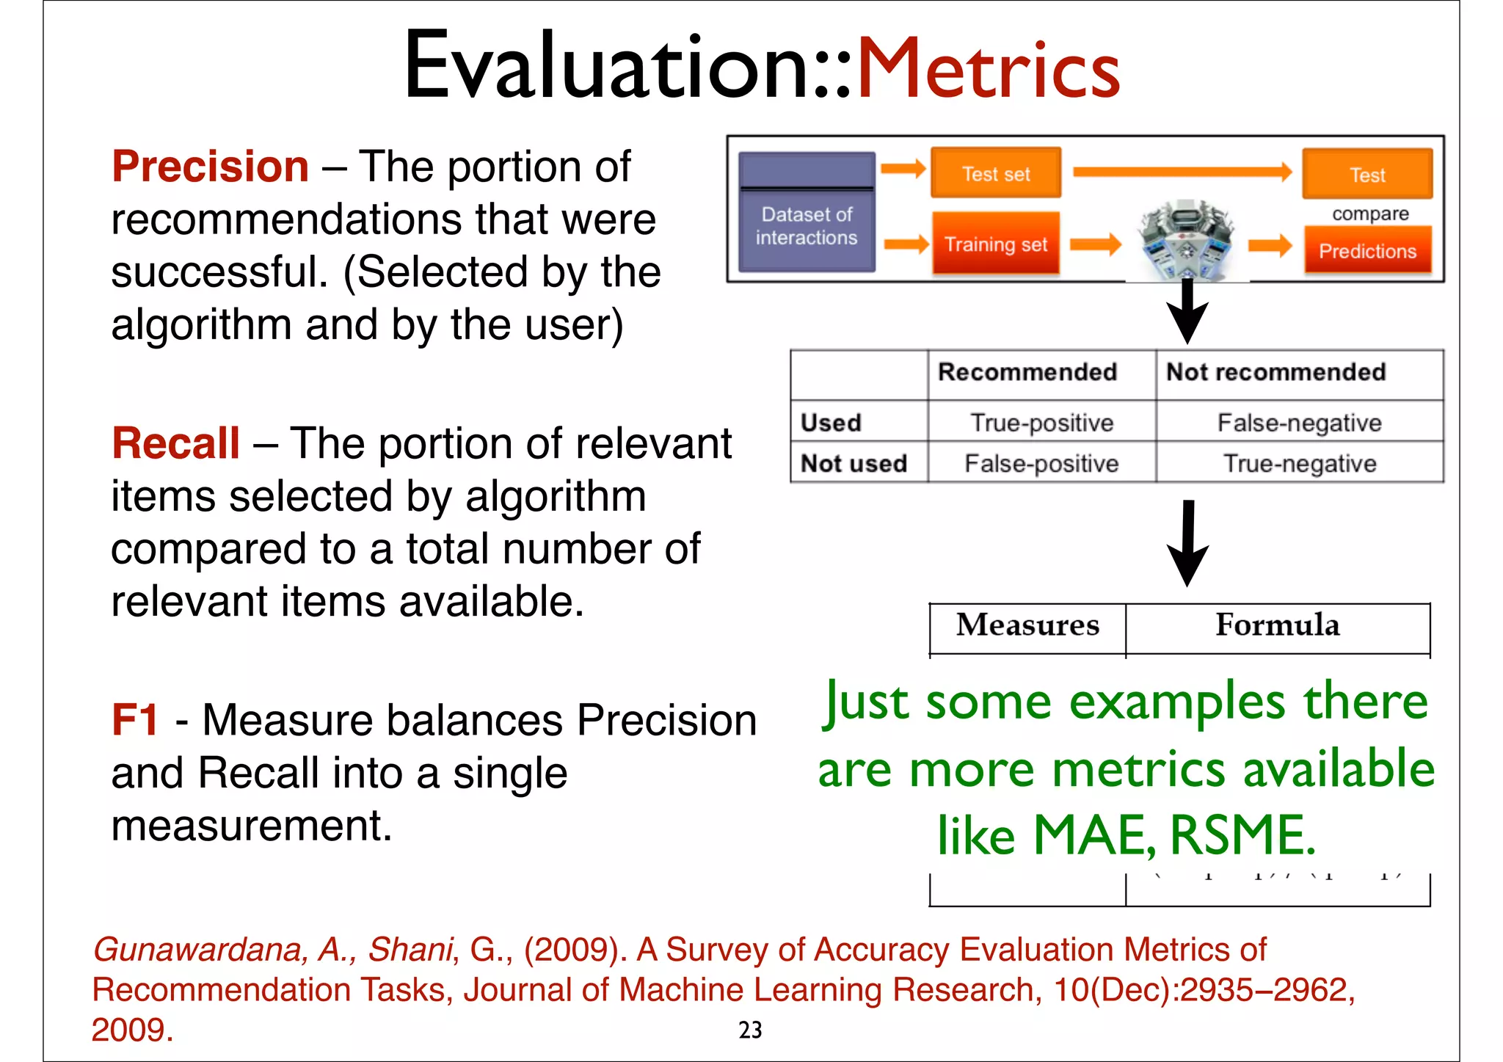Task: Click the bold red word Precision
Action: coord(210,167)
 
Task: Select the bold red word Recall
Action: coord(175,443)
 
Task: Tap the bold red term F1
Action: coord(135,719)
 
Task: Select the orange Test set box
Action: coord(995,173)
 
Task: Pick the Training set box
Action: coord(995,244)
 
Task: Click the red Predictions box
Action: coord(1367,250)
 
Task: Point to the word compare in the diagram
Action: coord(1370,214)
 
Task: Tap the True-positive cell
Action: coord(1041,422)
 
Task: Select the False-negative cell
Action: coord(1299,422)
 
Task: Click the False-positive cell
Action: coord(1041,463)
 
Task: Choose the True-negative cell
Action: coord(1299,463)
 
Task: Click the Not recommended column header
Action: coord(1275,372)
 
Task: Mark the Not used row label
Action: coord(854,463)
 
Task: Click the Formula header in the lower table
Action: coord(1277,625)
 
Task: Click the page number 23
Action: coord(750,1030)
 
